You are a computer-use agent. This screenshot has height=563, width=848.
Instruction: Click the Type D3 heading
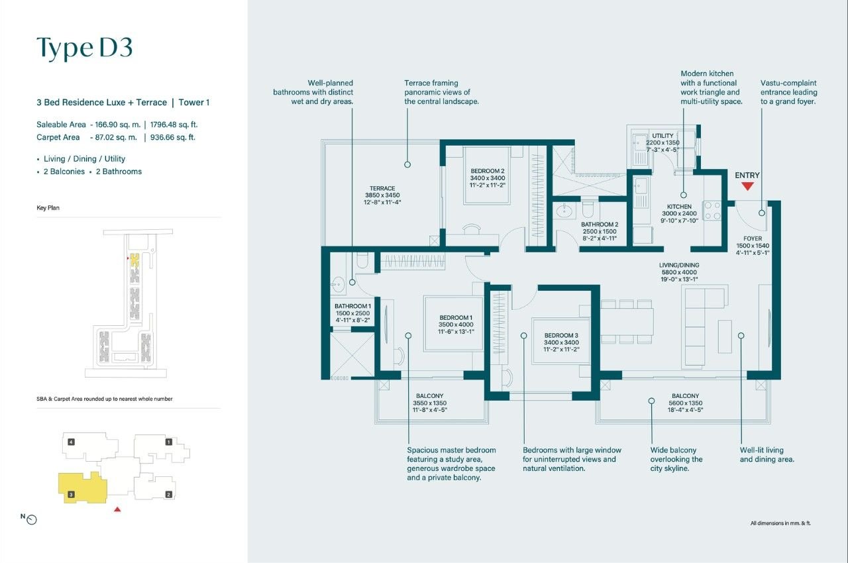pos(85,48)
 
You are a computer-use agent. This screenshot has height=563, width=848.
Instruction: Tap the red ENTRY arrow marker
pos(747,186)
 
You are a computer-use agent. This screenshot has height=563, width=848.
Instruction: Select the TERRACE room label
pos(382,189)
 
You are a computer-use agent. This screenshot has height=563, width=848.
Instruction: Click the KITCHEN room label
pos(679,207)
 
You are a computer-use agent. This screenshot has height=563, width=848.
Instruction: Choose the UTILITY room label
pos(662,136)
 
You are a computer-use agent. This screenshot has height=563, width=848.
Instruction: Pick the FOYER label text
pos(753,238)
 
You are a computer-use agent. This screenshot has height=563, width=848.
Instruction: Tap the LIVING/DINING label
pos(679,265)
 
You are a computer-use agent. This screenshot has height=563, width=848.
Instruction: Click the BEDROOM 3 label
pos(562,335)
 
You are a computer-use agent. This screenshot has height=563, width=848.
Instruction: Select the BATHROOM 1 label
pos(352,306)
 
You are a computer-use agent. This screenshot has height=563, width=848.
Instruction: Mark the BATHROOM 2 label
pos(600,225)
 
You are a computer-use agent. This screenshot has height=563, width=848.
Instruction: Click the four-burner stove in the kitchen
pos(712,211)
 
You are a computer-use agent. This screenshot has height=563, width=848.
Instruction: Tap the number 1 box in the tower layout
pos(169,441)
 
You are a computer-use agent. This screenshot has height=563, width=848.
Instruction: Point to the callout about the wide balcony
pos(676,459)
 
